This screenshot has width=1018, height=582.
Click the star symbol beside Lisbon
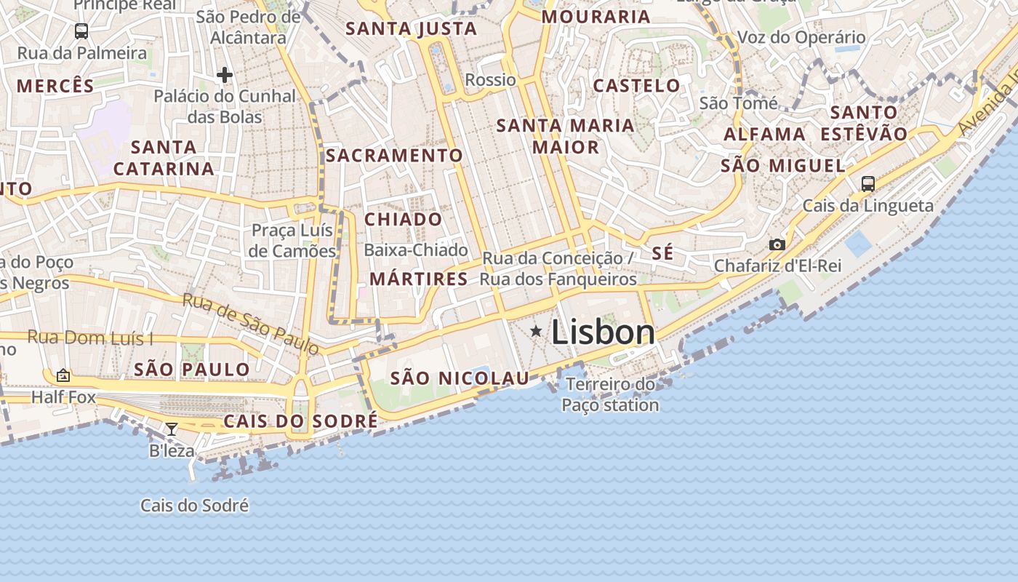point(536,332)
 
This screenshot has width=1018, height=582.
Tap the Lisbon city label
point(603,332)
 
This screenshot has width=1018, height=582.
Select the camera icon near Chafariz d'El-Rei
point(777,244)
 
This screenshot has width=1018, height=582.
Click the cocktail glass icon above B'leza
point(171,429)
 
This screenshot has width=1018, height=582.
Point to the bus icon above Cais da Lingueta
point(867,183)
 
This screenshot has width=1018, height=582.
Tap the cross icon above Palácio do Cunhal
point(225,74)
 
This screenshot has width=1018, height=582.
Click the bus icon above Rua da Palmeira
point(81,31)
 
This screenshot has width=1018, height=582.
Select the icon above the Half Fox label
point(63,375)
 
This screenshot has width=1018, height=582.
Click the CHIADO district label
point(403,219)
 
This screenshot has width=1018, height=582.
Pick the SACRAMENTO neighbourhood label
point(394,155)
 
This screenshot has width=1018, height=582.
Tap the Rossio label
point(490,79)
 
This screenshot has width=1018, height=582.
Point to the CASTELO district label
point(636,85)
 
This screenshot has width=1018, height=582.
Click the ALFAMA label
point(764,134)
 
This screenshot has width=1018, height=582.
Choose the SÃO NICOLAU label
point(460,378)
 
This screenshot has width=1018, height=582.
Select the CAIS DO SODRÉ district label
point(300,421)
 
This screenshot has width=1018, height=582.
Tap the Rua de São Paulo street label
point(250,324)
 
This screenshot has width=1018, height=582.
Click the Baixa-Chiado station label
point(416,250)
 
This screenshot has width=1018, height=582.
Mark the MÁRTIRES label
point(418,279)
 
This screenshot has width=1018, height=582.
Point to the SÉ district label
point(662,253)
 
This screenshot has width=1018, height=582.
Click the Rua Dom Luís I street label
point(90,338)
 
